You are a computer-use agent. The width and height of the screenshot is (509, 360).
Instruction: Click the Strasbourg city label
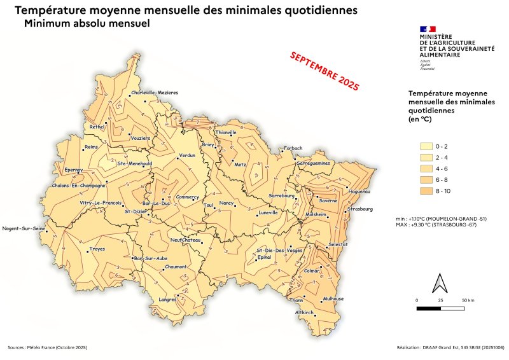[361, 209]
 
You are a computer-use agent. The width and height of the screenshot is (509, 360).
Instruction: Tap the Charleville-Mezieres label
[155, 93]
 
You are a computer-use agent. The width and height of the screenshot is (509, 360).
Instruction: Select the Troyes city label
[97, 249]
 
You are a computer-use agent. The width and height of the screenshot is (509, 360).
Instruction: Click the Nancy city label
[227, 203]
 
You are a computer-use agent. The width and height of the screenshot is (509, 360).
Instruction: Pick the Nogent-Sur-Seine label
[24, 228]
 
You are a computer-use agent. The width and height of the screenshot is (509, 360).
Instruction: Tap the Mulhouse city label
[333, 298]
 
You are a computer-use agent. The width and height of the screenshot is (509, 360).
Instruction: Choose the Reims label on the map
[92, 146]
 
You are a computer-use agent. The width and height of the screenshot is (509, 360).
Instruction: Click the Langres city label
[167, 299]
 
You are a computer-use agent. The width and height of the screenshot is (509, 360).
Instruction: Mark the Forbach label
[293, 148]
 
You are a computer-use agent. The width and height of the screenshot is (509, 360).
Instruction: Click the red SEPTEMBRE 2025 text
[324, 70]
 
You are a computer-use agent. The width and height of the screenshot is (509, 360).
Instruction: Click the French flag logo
[428, 29]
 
